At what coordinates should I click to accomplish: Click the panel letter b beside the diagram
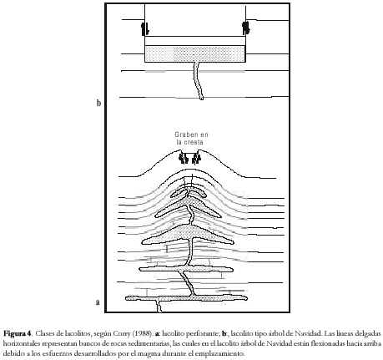[x=98, y=104]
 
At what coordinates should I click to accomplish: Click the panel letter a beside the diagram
[x=98, y=302]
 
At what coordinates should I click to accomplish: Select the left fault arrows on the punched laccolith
[x=145, y=28]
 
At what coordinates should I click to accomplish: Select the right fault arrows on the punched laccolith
[x=245, y=28]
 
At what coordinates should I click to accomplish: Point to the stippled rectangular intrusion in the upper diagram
[x=195, y=53]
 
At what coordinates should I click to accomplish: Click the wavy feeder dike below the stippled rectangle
[x=199, y=81]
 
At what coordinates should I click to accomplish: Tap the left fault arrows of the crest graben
[x=184, y=158]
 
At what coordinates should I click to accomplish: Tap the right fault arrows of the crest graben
[x=196, y=158]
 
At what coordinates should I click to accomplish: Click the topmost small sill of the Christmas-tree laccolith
[x=188, y=193]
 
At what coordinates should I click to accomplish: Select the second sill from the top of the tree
[x=188, y=207]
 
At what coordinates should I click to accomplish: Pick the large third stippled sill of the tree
[x=187, y=235]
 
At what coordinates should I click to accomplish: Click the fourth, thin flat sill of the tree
[x=186, y=269]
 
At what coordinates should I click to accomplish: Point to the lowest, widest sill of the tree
[x=186, y=298]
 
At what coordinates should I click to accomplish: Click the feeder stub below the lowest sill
[x=159, y=307]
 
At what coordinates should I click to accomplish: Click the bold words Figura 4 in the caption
[x=18, y=333]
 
